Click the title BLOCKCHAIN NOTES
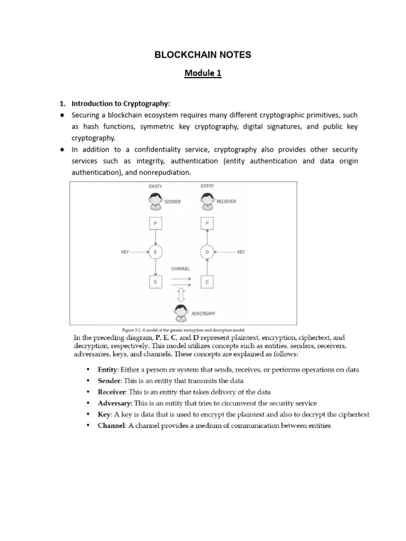click(202, 54)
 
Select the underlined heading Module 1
click(202, 73)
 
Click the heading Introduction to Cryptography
click(121, 104)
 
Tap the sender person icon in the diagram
click(155, 202)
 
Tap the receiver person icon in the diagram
click(207, 202)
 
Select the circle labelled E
click(155, 253)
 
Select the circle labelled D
click(207, 253)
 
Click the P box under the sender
click(155, 224)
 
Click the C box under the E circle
click(155, 282)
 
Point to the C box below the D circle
click(207, 282)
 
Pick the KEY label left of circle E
click(125, 253)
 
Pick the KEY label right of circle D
click(241, 253)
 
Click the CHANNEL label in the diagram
click(181, 269)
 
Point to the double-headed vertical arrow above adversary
click(181, 294)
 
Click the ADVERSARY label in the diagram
click(203, 313)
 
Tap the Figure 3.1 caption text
click(183, 329)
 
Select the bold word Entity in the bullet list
click(107, 370)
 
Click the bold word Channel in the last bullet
click(111, 426)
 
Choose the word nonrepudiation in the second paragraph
click(164, 173)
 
